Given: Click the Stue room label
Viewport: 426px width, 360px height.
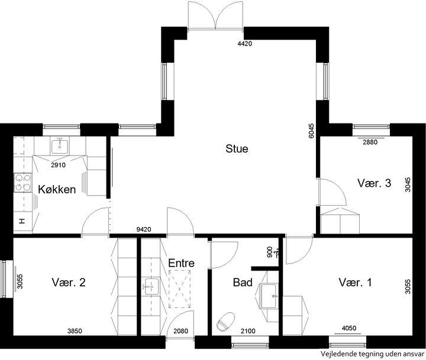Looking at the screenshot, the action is [237, 149].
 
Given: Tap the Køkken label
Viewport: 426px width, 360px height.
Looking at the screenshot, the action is [57, 189].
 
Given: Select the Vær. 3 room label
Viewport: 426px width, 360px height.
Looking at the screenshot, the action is [374, 183].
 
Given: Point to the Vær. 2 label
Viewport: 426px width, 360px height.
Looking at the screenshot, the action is [69, 283].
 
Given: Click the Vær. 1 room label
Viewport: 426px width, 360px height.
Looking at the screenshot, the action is [355, 283].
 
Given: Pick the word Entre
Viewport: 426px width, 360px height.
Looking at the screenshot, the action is [181, 263].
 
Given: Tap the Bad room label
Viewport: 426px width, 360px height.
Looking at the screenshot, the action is [243, 283].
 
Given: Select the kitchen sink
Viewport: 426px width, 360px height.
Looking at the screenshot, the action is [60, 145].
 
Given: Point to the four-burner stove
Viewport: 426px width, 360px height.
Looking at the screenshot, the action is [23, 183].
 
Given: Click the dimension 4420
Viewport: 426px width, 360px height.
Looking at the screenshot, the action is [245, 43].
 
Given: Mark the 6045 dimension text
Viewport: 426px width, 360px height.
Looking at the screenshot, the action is [311, 131].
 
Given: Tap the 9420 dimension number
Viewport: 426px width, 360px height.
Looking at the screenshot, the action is [144, 230].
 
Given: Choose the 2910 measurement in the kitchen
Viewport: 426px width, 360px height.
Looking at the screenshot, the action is [58, 165].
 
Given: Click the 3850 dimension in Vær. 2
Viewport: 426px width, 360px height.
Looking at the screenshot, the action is [75, 331].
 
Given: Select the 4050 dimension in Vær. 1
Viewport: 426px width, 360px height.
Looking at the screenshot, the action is [349, 329].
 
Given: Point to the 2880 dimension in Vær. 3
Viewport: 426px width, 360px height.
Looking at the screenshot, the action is [370, 142].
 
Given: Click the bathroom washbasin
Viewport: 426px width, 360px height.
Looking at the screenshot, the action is [269, 296].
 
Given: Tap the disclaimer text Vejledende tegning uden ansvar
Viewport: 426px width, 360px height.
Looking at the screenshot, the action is [372, 354].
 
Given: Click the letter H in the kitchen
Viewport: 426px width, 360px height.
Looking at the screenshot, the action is [22, 221].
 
